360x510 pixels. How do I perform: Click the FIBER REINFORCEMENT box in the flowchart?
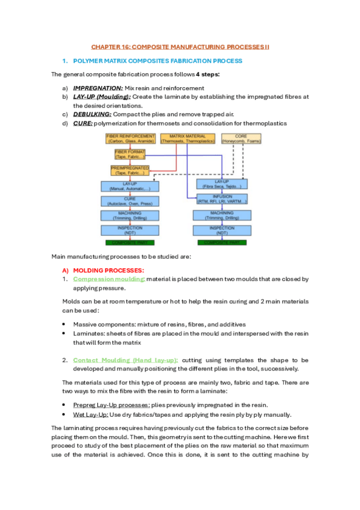click(x=130, y=139)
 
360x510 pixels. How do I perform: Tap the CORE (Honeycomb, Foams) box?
click(x=241, y=139)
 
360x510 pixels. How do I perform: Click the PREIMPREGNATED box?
click(x=130, y=170)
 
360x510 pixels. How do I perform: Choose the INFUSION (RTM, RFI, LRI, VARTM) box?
click(x=222, y=198)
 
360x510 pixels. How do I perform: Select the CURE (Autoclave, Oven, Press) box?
click(x=130, y=201)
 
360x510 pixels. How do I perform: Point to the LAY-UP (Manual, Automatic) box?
click(x=130, y=186)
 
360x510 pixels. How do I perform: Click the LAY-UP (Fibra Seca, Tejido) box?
click(x=222, y=183)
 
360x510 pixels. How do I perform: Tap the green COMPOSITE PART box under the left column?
click(x=130, y=242)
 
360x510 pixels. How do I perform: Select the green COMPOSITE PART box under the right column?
click(x=222, y=242)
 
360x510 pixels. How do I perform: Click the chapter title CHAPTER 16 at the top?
click(x=180, y=46)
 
